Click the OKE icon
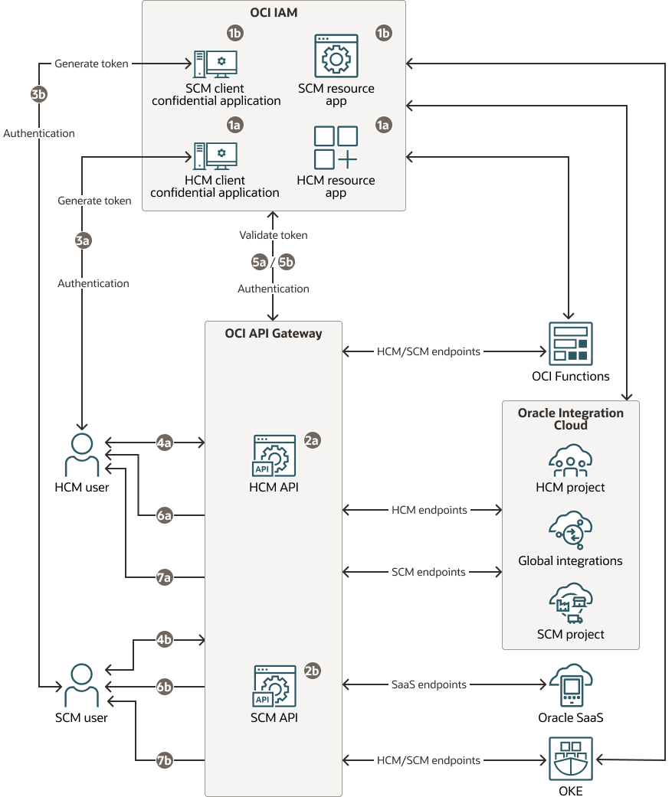point(571,759)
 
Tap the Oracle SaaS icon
point(571,684)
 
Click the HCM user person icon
point(81,456)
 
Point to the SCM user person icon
point(81,685)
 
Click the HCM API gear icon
point(274,456)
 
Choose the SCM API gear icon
point(274,686)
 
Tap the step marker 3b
point(39,94)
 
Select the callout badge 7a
point(164,577)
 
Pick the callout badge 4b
point(164,639)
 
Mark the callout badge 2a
point(312,441)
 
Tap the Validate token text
point(274,235)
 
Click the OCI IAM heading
point(274,13)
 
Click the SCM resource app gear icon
point(336,56)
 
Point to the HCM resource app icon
point(336,147)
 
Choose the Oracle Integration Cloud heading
point(570,419)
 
